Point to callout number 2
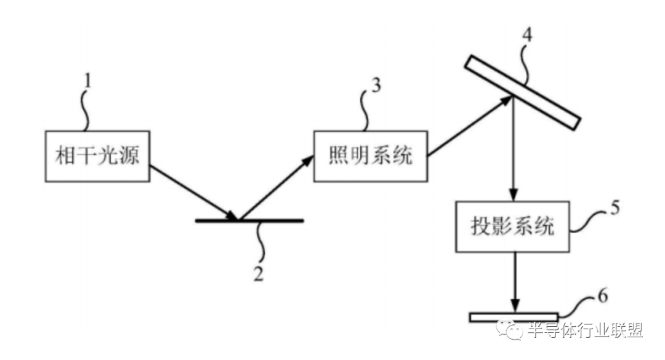(x=258, y=274)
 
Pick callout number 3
(x=376, y=85)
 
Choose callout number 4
(x=526, y=35)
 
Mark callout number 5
(x=615, y=208)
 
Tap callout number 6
(x=603, y=295)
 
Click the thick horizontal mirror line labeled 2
(x=249, y=220)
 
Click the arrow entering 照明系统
(x=276, y=188)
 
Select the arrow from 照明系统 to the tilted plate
(x=470, y=126)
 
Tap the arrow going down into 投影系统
(x=514, y=149)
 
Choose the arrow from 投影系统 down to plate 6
(x=515, y=282)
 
